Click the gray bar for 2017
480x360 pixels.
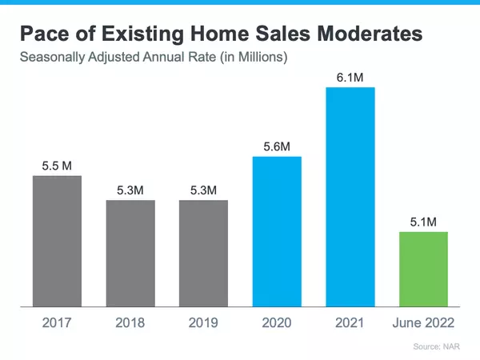pyautogui.click(x=57, y=240)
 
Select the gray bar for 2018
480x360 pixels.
pyautogui.click(x=130, y=253)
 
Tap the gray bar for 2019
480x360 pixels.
pyautogui.click(x=203, y=253)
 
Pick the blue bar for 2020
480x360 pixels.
pyautogui.click(x=277, y=231)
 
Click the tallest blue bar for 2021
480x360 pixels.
pyautogui.click(x=350, y=196)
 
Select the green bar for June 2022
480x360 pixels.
pyautogui.click(x=423, y=269)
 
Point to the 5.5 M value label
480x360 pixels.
pyautogui.click(x=57, y=166)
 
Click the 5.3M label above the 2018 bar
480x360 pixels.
pyautogui.click(x=130, y=190)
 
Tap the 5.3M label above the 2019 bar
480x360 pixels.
pyautogui.click(x=203, y=190)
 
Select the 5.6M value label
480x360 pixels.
pyautogui.click(x=277, y=146)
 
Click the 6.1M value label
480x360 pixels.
pyautogui.click(x=350, y=77)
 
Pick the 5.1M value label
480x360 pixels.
pyautogui.click(x=423, y=222)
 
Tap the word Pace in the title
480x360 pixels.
pyautogui.click(x=46, y=34)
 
